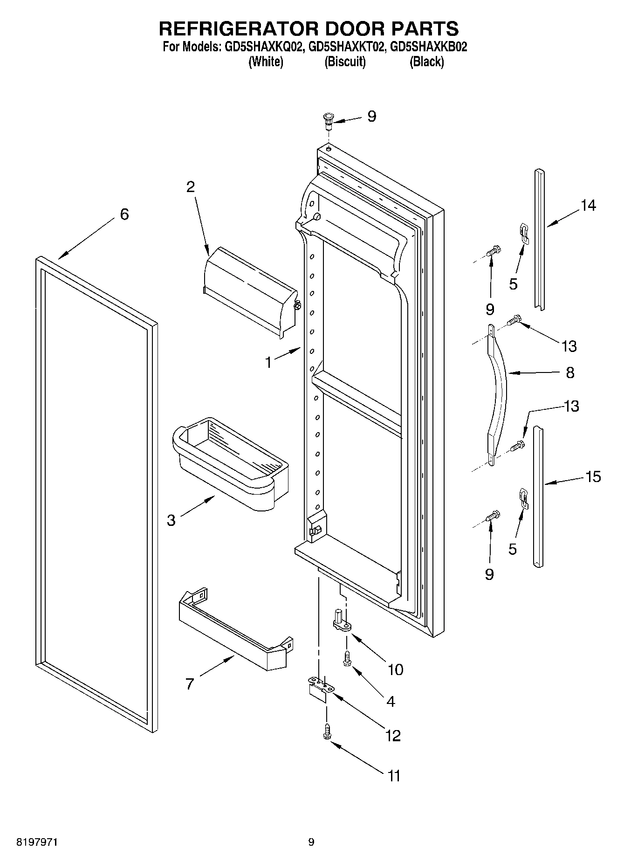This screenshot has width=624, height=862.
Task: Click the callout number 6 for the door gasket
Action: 124,214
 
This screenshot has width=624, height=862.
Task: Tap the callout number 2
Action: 190,187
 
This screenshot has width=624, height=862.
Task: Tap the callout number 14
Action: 588,205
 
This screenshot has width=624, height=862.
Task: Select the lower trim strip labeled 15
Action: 538,497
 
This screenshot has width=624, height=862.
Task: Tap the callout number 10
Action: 395,669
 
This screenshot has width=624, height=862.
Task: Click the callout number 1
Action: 268,362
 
